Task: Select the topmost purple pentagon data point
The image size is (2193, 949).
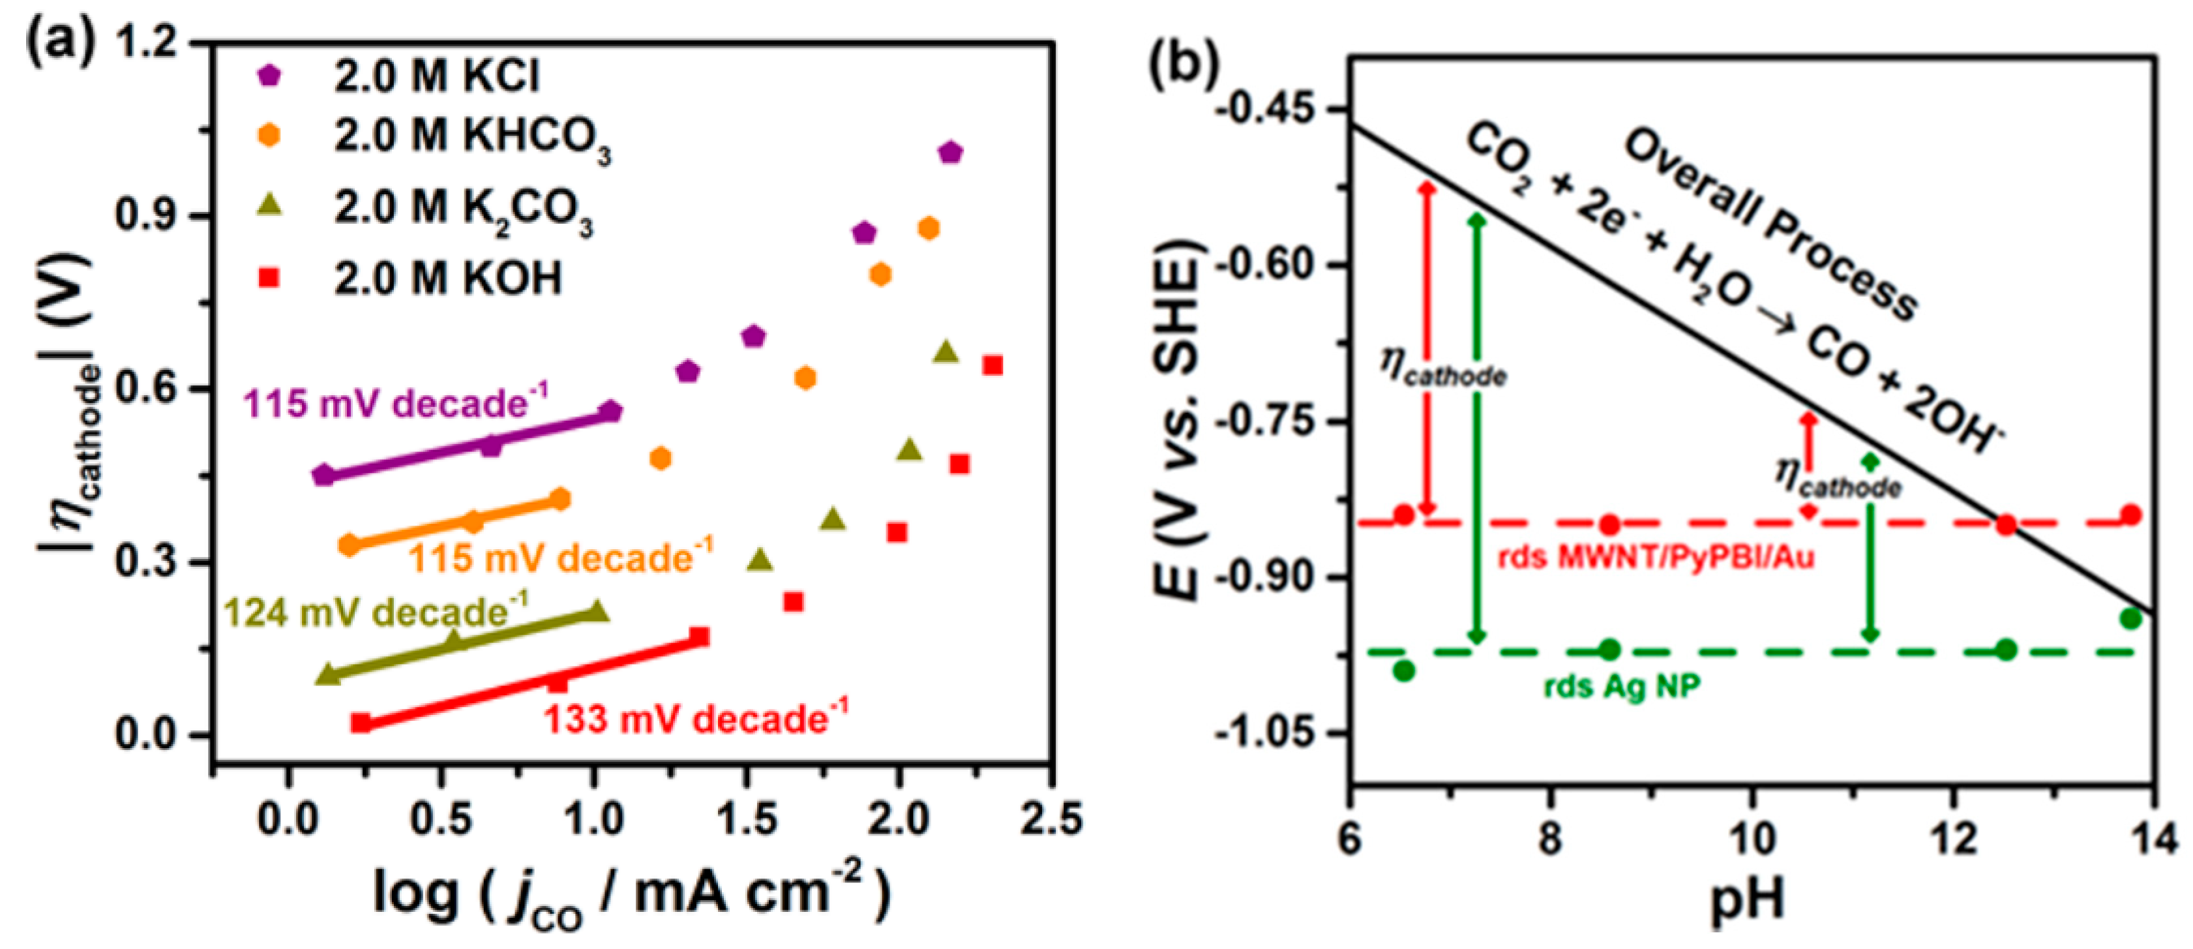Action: click(x=951, y=153)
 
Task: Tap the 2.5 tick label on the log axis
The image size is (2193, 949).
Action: click(x=1053, y=820)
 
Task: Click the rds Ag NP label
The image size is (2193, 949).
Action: click(x=1622, y=687)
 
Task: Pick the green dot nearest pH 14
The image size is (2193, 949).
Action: click(x=2131, y=619)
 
